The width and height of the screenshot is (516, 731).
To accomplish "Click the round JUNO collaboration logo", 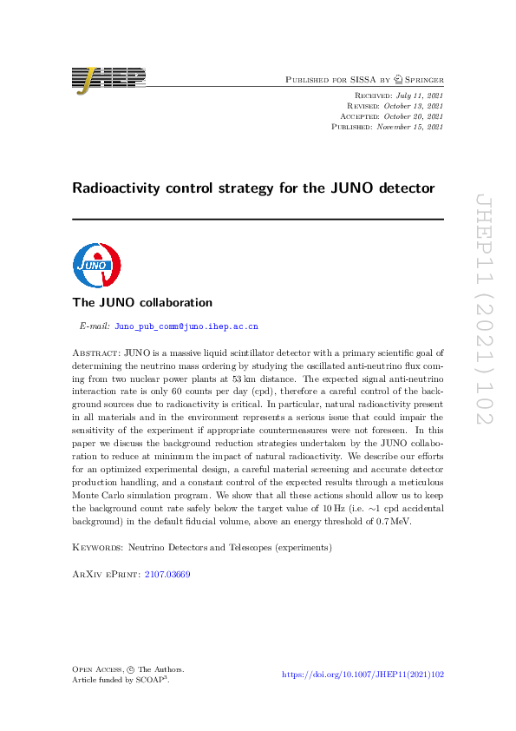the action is tap(96, 265).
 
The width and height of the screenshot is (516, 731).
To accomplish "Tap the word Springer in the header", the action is tap(419, 80).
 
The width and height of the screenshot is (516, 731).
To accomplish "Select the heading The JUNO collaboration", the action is tap(142, 303).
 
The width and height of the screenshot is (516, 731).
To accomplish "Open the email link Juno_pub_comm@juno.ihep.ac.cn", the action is tap(186, 327).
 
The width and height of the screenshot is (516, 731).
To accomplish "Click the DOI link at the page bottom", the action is tap(363, 675).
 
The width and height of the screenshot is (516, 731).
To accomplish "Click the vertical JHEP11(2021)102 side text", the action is tap(483, 308).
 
